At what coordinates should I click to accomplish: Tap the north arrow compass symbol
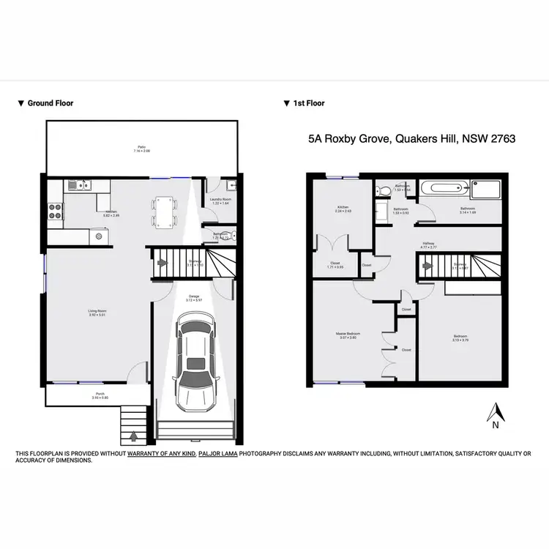pos(496,414)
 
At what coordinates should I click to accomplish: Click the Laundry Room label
pos(220,200)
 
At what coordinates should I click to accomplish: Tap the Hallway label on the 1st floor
pos(428,245)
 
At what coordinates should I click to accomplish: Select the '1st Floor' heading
pos(308,103)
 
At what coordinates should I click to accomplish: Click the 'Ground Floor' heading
pos(50,103)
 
